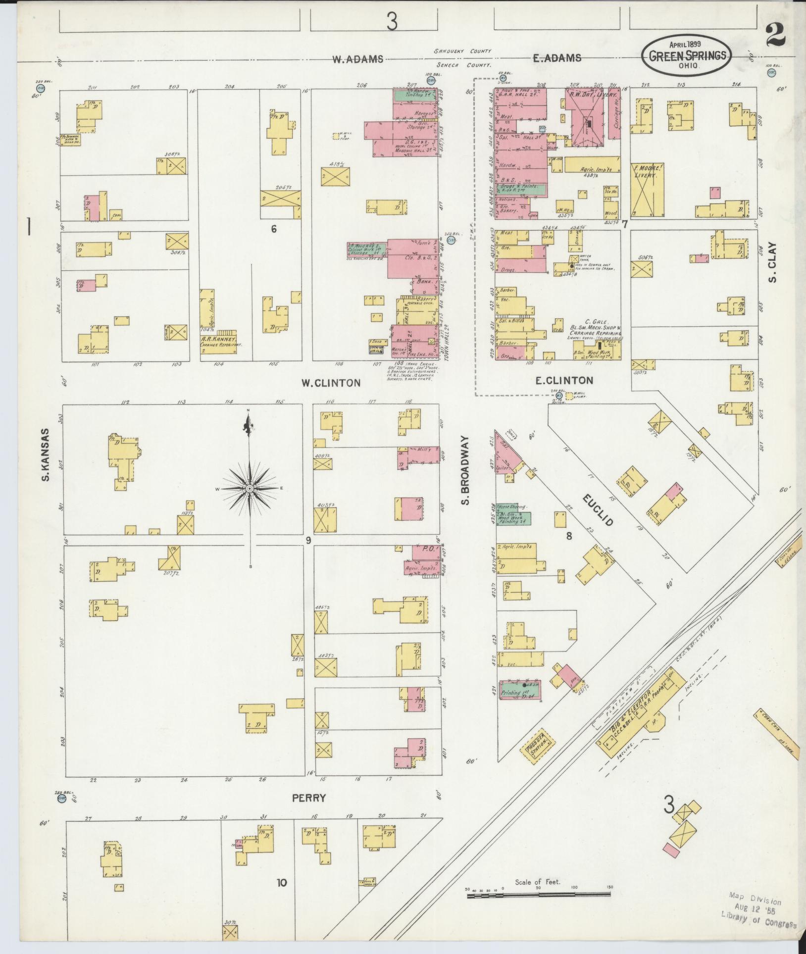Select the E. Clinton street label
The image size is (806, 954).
click(564, 380)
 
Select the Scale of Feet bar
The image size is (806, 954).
click(539, 894)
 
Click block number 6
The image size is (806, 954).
click(273, 229)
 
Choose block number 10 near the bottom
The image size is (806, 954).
click(282, 882)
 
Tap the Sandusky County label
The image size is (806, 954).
click(462, 51)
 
